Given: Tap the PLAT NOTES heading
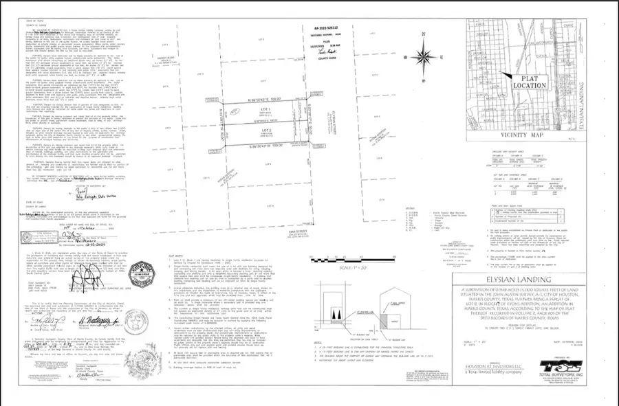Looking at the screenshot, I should click(x=178, y=273).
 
